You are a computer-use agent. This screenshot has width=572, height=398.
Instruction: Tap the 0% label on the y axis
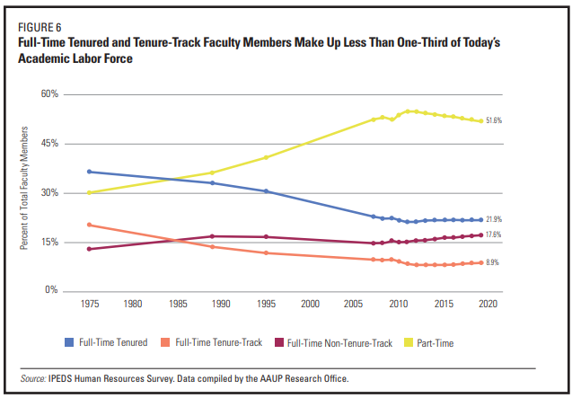coord(51,291)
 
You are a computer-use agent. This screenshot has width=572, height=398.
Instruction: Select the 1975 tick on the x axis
coord(89,305)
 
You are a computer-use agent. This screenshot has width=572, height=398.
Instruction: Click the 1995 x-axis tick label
coord(266,305)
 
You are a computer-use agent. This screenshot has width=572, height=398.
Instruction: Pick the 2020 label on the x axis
coord(488,305)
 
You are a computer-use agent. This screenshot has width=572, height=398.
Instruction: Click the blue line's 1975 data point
coord(89,172)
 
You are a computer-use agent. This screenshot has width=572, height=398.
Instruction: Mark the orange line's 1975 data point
coord(89,225)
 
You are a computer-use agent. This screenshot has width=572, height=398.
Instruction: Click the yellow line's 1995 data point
coord(266,157)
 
